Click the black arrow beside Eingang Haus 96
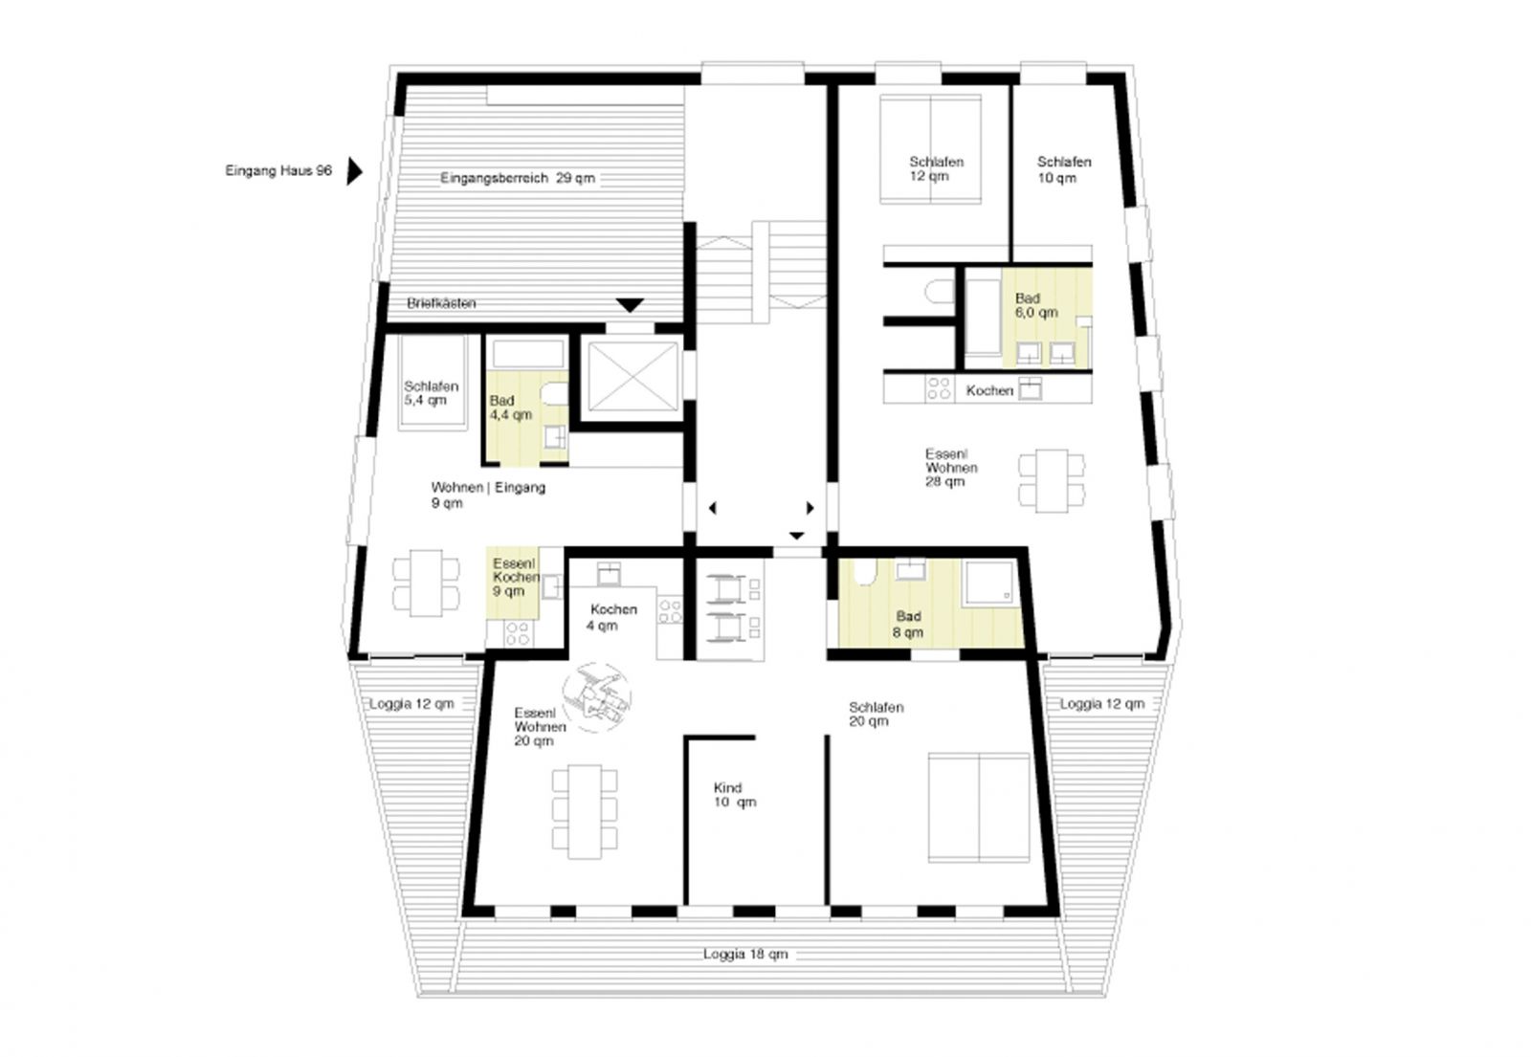[x=353, y=171]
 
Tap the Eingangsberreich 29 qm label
[x=518, y=178]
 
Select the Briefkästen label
[x=441, y=303]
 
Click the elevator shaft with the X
[x=632, y=377]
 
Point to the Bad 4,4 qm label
[x=511, y=407]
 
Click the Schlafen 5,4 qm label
[x=431, y=393]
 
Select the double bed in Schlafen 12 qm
[x=930, y=148]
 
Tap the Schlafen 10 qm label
[x=1063, y=170]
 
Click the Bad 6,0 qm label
[x=1036, y=305]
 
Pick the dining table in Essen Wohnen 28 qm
[x=1052, y=480]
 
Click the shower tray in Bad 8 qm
[x=989, y=583]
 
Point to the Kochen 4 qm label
[x=613, y=617]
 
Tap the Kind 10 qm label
[x=735, y=795]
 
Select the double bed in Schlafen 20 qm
[x=979, y=807]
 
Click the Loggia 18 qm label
[x=745, y=954]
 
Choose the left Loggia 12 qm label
[x=411, y=704]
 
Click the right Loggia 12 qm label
[x=1101, y=704]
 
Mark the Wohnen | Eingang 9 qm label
[x=488, y=495]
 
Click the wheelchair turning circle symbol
[x=597, y=697]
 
